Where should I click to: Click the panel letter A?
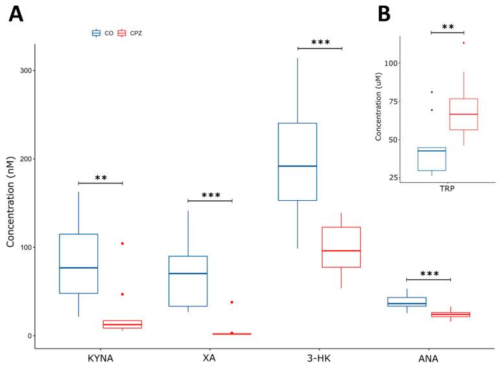[x=16, y=14]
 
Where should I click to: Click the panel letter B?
[x=384, y=14]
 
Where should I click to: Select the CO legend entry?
[x=104, y=32]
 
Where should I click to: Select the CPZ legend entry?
[x=130, y=32]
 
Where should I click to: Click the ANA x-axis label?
[x=428, y=358]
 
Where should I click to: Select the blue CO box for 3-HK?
[x=297, y=161]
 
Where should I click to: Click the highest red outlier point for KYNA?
[x=122, y=244]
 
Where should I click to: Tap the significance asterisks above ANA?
[x=429, y=275]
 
